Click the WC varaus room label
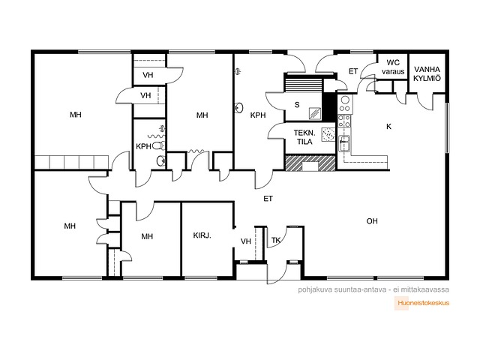(393, 67)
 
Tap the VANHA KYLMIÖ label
(427, 73)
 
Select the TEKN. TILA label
(304, 137)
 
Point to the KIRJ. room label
(202, 235)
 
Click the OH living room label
(372, 221)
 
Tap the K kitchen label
(388, 127)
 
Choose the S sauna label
(297, 105)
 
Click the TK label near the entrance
(276, 241)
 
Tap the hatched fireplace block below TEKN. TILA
(310, 163)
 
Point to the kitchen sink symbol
(344, 144)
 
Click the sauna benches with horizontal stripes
(303, 83)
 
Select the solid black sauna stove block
(329, 106)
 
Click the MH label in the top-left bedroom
(76, 115)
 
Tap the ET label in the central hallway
(268, 199)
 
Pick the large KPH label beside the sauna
(258, 115)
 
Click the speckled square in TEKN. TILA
(328, 135)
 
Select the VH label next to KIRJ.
(246, 241)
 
